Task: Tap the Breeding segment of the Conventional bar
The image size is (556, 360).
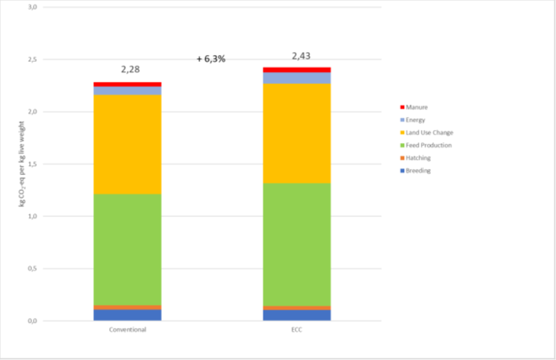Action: point(128,315)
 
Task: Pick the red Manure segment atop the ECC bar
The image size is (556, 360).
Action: point(297,70)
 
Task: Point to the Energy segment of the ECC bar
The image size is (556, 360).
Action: point(297,78)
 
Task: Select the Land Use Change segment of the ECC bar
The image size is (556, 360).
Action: point(297,133)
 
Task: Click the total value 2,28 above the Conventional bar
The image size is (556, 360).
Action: point(130,70)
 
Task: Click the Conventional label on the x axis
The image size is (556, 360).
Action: point(128,329)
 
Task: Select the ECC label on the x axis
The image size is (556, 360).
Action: point(297,329)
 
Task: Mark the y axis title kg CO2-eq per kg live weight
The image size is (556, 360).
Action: point(24,164)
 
